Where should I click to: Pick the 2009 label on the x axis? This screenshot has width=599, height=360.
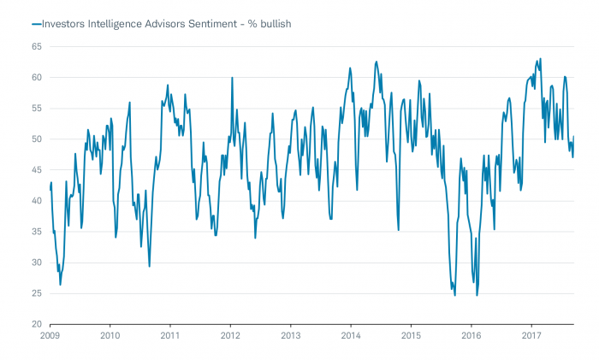(x=50, y=336)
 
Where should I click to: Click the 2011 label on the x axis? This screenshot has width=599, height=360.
(x=170, y=336)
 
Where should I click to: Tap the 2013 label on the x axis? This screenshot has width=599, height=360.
(x=291, y=336)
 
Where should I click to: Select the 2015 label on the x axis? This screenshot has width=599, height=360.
(x=412, y=336)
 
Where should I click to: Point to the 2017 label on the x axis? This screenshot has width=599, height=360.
(x=531, y=336)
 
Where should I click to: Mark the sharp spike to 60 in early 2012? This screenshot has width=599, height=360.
(x=232, y=78)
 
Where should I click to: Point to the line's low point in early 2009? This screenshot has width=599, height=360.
(x=60, y=284)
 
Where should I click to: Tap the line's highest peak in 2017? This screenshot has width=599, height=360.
(x=541, y=59)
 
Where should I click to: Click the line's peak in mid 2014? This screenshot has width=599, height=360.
(x=377, y=62)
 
